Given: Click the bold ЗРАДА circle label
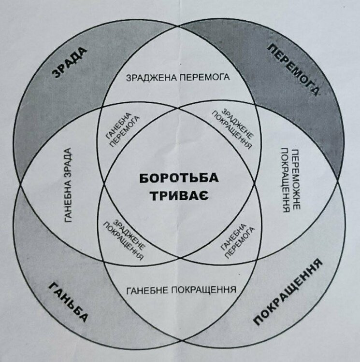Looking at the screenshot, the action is point(69,62).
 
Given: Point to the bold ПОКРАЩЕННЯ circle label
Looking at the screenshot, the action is point(288,292).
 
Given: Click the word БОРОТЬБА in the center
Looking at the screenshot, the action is point(179,178).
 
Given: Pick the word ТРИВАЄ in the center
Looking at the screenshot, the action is point(180,196).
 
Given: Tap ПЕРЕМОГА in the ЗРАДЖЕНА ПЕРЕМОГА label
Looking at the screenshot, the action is point(204,77).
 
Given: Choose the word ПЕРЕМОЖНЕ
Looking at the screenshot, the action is point(296,180).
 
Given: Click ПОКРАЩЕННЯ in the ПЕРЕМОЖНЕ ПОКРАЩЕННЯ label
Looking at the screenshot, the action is point(286,181).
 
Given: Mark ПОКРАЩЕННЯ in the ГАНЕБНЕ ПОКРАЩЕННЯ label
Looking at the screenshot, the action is point(203,290).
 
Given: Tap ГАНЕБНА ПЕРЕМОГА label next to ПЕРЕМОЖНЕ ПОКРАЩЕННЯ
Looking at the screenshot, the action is point(237,241).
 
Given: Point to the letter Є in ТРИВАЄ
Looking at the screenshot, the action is point(204,196).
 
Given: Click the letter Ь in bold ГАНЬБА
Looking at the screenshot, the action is point(70,303).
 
